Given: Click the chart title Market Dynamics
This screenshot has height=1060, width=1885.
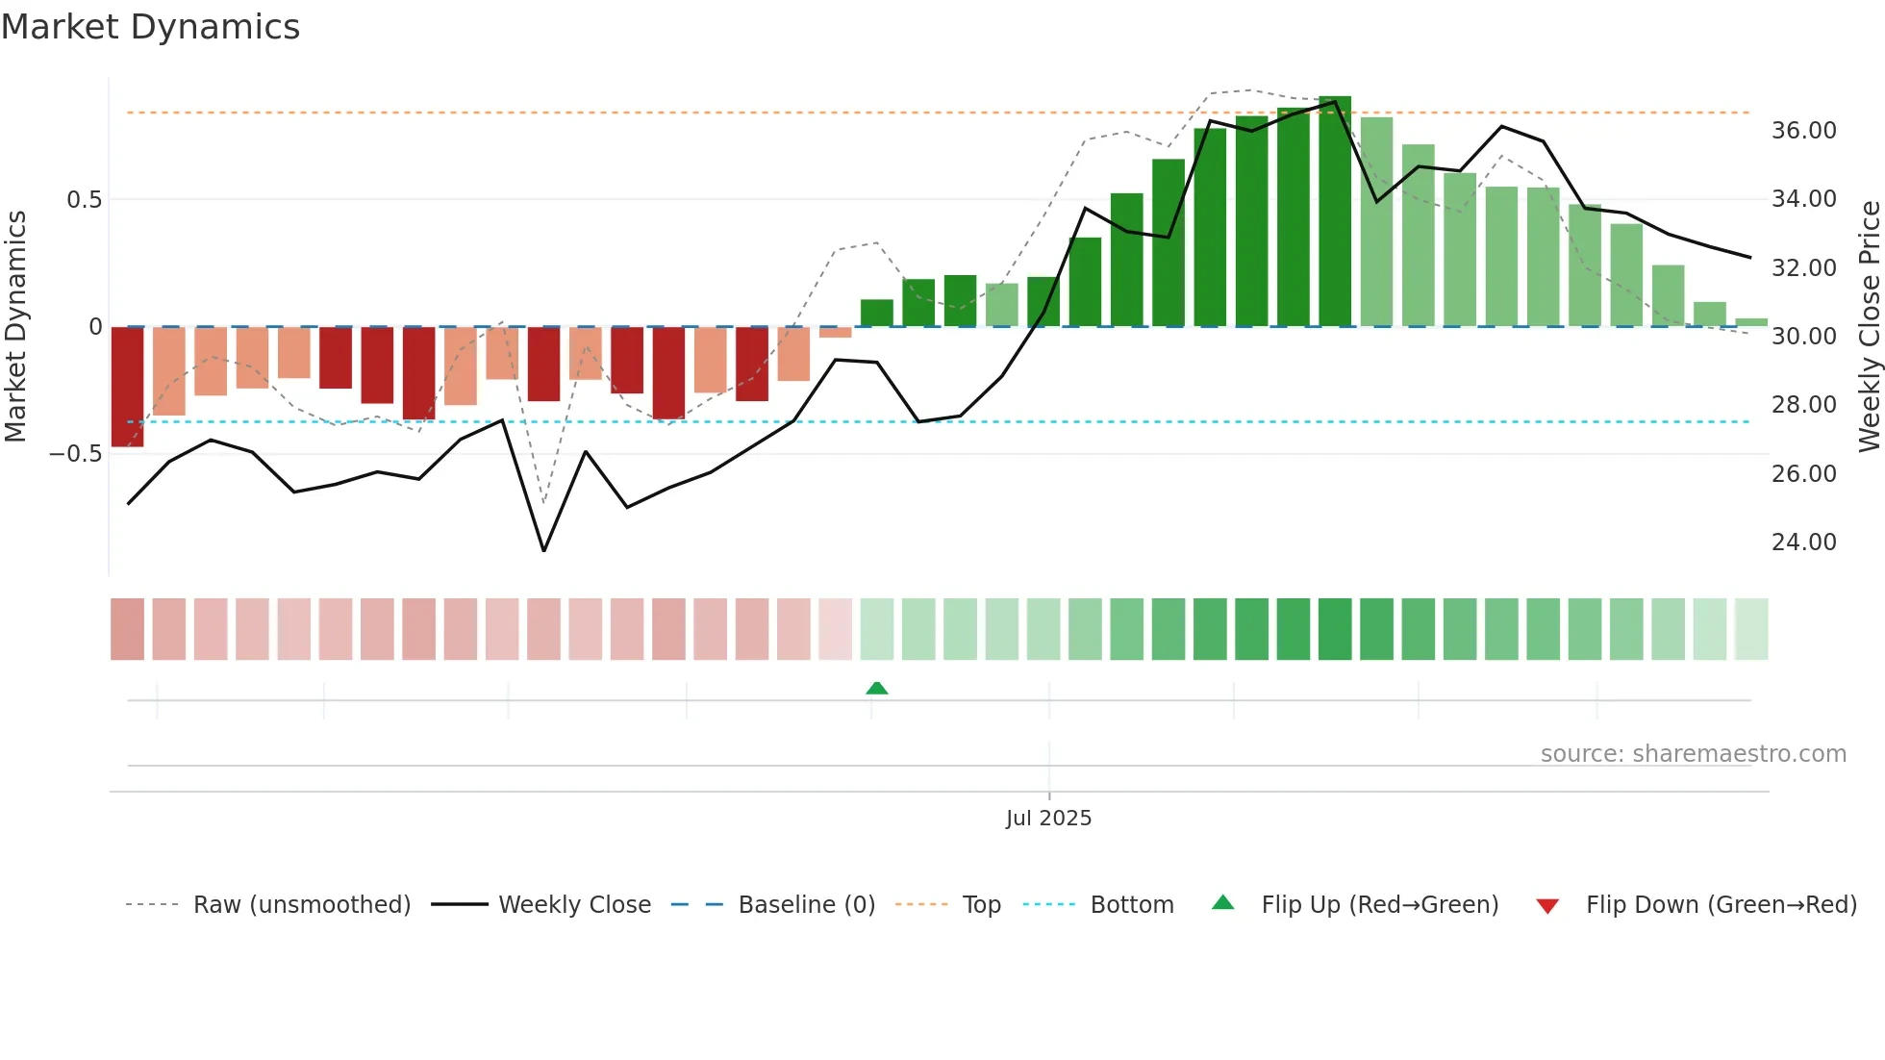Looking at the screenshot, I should coord(150,27).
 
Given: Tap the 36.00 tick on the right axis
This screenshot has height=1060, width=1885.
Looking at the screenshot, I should coord(1803,131).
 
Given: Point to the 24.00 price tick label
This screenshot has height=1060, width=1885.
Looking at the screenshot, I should coord(1803,543).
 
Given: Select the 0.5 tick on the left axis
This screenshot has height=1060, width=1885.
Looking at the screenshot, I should coord(84,200).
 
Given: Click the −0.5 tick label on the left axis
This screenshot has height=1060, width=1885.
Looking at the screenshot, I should coord(76,454).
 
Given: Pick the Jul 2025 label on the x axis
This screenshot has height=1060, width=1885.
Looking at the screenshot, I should coord(1048,819).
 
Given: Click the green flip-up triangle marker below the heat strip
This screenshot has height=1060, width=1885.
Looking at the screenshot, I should coord(876,688).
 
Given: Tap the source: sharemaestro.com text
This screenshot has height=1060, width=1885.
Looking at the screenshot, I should coord(1693,754).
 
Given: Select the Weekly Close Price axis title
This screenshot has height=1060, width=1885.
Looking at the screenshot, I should coord(1869,327).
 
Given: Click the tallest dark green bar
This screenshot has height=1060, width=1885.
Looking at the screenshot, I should coord(1335,212).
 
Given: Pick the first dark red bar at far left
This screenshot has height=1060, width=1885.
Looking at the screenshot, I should coord(127,387).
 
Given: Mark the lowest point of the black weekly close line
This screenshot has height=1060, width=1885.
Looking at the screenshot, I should coord(544,550).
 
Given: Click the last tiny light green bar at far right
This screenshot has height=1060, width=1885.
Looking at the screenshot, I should coord(1751,322).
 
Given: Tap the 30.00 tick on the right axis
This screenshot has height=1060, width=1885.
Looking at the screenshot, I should coord(1803,337).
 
